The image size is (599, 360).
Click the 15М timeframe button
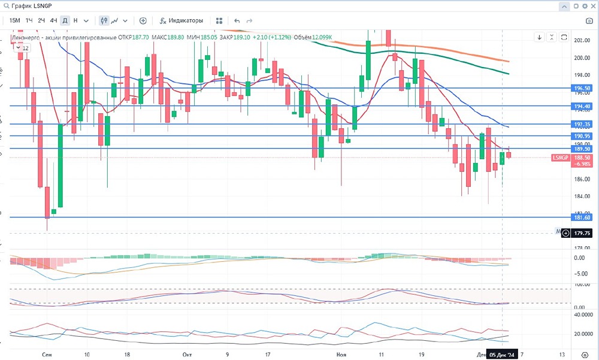(15, 20)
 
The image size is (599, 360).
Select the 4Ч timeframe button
(53, 20)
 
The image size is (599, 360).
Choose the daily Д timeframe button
(65, 20)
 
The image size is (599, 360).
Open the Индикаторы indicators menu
(180, 20)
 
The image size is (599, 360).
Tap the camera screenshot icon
(589, 21)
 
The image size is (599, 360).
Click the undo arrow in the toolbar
(237, 20)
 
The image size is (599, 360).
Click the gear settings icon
(577, 6)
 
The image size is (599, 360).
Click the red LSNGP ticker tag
(559, 158)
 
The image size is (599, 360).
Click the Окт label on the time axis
(187, 355)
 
